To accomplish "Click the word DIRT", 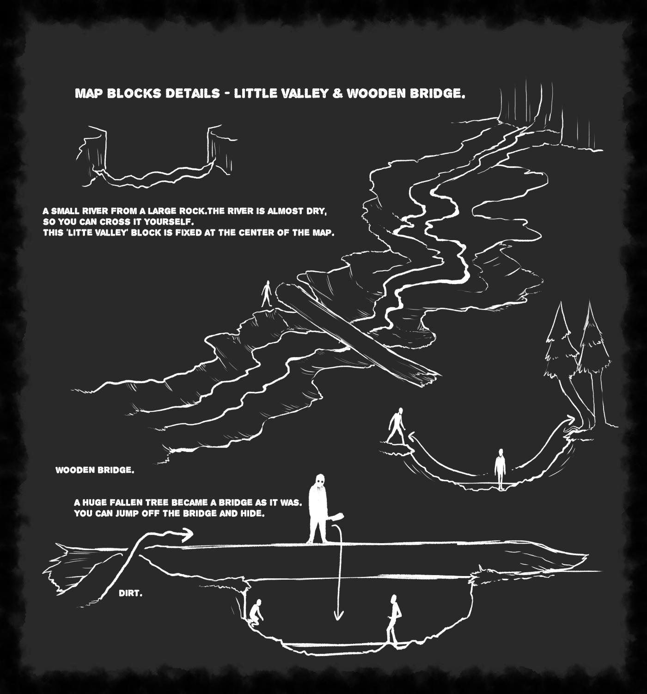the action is (131, 593).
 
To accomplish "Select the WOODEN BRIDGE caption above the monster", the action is (95, 470).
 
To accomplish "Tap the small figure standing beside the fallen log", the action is (267, 293).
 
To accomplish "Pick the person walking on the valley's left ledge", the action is (397, 426).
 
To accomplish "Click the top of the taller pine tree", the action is (590, 301).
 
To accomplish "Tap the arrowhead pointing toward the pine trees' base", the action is (571, 418).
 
